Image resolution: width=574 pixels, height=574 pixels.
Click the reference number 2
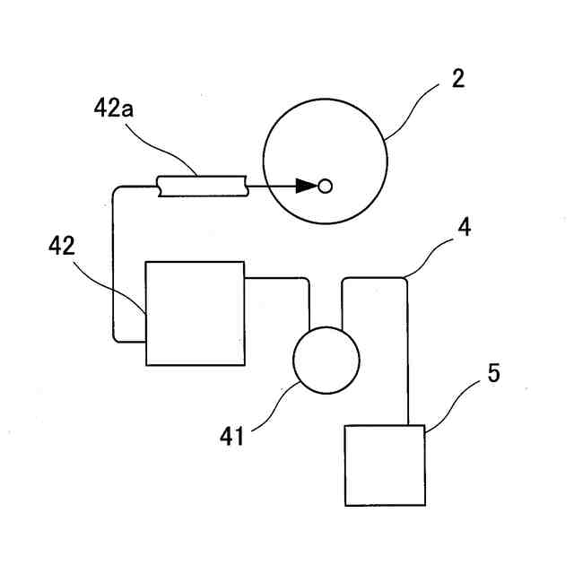457,78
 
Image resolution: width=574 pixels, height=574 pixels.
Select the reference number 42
62,246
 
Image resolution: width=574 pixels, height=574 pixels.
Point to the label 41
234,437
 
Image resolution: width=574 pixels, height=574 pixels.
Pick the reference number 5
493,373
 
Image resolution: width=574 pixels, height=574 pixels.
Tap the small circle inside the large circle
326,186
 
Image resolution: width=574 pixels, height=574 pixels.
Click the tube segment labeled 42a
201,186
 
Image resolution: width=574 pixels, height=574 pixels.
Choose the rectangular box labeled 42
195,313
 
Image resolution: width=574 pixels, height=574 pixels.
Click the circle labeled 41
326,360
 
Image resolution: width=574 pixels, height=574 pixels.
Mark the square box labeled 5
385,465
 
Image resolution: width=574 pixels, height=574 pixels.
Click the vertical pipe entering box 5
409,359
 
